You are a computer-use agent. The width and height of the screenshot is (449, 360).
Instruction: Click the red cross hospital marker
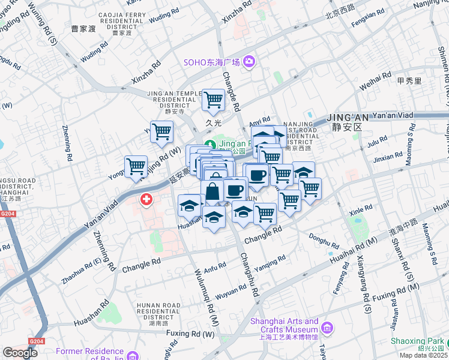pyautogui.click(x=146, y=199)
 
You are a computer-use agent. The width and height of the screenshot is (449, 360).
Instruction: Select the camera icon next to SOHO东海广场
pyautogui.click(x=249, y=62)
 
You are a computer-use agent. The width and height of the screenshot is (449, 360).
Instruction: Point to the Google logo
pyautogui.click(x=20, y=353)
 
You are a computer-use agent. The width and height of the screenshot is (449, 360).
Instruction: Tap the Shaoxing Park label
pyautogui.click(x=418, y=341)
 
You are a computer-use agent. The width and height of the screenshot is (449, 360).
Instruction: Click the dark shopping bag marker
pyautogui.click(x=212, y=192)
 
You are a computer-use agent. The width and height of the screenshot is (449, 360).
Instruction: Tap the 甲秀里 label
pyautogui.click(x=409, y=80)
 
